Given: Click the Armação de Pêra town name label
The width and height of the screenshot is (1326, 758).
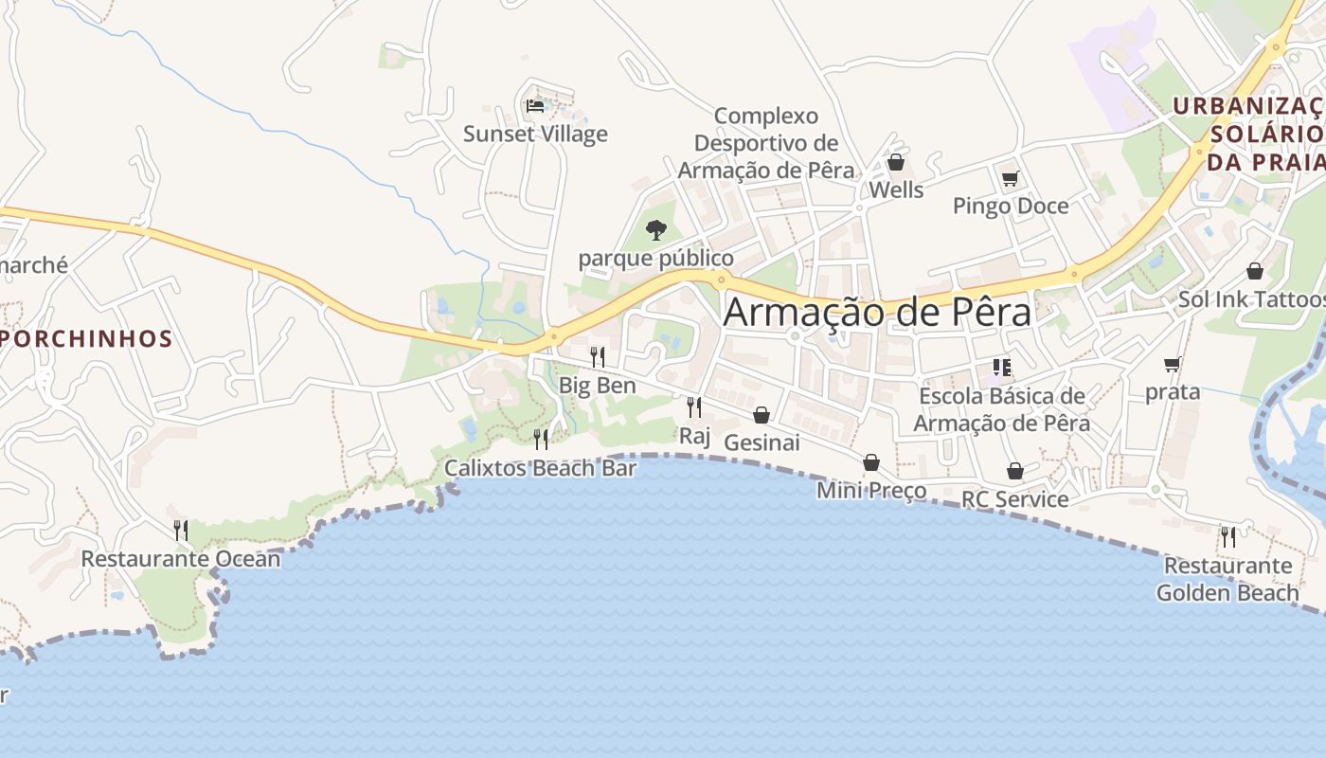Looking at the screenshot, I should tap(876, 313).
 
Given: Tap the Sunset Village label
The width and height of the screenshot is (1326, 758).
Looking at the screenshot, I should tap(535, 135).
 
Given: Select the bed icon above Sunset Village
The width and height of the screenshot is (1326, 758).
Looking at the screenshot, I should tap(535, 105).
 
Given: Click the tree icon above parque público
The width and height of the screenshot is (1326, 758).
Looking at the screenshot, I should tap(655, 229).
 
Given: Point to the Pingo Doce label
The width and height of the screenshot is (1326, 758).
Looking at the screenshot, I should tap(1011, 206).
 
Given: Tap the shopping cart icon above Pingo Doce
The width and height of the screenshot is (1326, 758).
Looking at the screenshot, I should tap(1011, 178).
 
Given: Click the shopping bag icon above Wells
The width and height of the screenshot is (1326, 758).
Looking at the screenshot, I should tap(896, 163).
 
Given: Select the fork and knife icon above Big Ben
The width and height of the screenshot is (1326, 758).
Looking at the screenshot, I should tap(598, 357).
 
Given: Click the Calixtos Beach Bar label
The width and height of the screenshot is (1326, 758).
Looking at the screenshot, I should tap(540, 468).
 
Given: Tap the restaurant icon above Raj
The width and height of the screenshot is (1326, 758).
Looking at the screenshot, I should tap(694, 407).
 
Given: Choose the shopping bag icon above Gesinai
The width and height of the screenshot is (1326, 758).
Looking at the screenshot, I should tap(762, 415).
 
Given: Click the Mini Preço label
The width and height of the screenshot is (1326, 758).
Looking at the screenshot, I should tap(871, 491).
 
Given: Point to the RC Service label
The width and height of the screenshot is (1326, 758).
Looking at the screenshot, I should tap(1014, 499).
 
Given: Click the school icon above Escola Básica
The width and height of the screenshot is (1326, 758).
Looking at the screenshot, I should tap(1002, 368).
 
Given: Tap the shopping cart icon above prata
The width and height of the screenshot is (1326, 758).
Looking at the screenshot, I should tap(1173, 364).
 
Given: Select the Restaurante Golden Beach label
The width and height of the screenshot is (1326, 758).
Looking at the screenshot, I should tap(1227, 579).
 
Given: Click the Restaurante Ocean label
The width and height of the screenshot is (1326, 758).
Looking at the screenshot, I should tap(181, 559).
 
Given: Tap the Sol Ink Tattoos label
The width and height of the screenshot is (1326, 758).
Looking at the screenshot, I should tap(1251, 299).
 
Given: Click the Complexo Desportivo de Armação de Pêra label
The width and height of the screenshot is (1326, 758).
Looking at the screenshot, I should tap(766, 143).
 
